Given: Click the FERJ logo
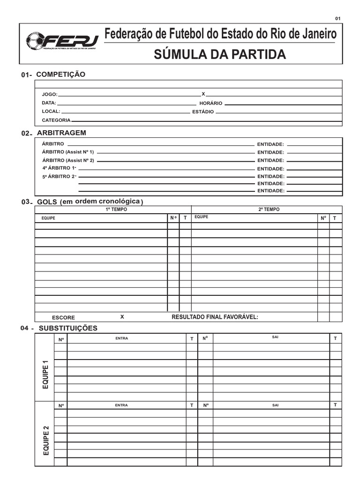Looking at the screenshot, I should [61, 41].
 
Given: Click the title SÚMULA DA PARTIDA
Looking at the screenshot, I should [220, 54].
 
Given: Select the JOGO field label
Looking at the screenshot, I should [49, 94].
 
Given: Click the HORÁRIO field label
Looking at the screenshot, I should [210, 103].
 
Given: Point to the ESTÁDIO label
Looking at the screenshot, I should [203, 112].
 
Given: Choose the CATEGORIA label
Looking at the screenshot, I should [56, 120].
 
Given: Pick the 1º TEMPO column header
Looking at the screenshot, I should [116, 210].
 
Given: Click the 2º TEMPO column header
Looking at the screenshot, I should [269, 210].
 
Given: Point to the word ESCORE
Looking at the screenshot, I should [63, 317].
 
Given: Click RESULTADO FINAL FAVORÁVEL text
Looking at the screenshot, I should [215, 317].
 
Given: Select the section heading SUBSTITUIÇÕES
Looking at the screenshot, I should [68, 328].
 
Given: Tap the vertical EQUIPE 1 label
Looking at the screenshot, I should [45, 373].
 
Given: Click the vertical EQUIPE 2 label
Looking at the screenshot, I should [45, 440].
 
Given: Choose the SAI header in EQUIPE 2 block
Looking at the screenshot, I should [275, 405].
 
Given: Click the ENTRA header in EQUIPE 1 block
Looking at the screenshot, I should [121, 338].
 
